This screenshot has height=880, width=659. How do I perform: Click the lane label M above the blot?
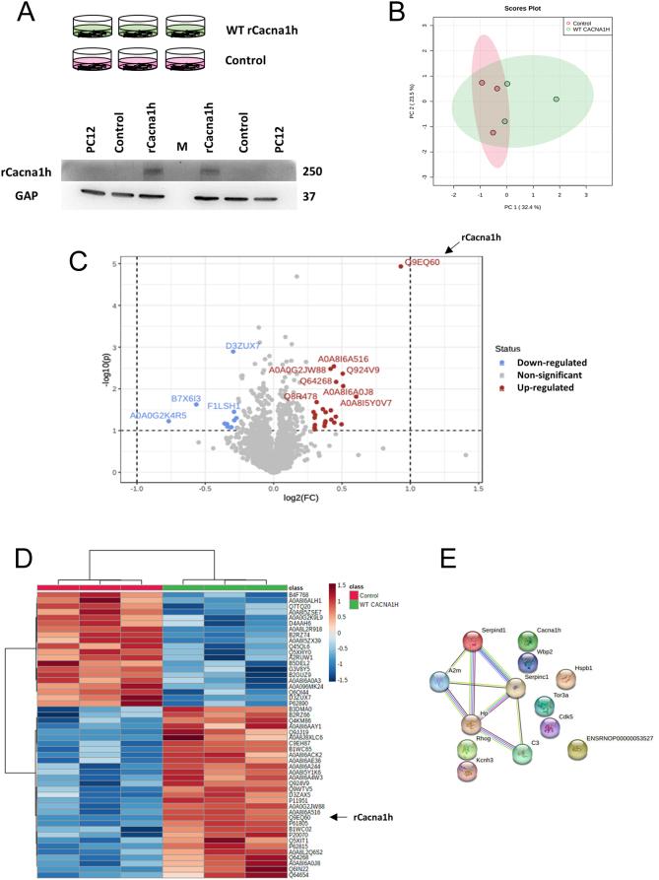point(181,147)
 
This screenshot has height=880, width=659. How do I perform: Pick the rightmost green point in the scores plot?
point(556,100)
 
